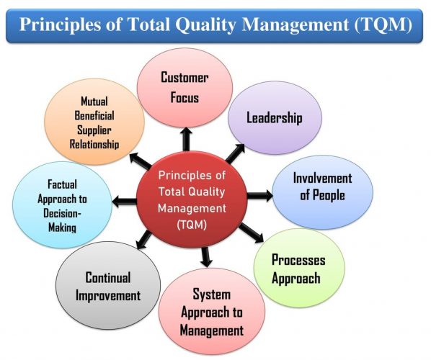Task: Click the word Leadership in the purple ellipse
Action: pos(275,118)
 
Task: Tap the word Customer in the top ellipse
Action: pos(185,78)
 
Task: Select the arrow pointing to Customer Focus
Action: pos(187,139)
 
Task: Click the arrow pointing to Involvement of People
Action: pos(259,196)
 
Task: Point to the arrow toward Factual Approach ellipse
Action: pos(124,202)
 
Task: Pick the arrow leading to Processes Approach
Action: pos(252,233)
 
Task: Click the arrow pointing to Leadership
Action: pos(235,153)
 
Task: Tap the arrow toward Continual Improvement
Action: pos(144,240)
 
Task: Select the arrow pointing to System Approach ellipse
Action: pos(206,257)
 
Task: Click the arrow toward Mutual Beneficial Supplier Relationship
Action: pos(141,161)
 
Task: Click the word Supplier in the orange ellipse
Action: pos(94,130)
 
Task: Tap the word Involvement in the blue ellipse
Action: pos(322,179)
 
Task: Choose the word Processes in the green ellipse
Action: pos(298,260)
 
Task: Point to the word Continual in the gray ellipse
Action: pos(108,277)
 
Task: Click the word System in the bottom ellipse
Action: pos(212,294)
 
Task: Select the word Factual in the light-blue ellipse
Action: pos(62,184)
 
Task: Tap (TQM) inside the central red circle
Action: pos(192,225)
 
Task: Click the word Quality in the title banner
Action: pos(205,24)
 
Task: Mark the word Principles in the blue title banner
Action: pos(61,24)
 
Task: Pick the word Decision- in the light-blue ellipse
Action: pos(62,213)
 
